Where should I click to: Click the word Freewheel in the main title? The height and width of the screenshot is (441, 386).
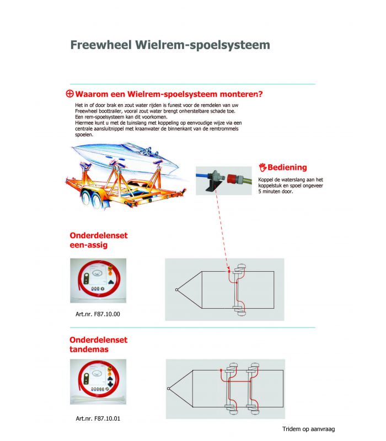point(101,45)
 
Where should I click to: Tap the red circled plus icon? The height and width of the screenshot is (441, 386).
point(69,94)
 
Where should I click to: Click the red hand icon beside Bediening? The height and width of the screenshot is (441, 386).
point(262,168)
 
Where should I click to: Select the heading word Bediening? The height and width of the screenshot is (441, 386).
point(287,168)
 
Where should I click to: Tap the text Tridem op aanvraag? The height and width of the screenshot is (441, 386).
point(309,429)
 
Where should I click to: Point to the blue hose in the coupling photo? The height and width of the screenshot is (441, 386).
point(203,176)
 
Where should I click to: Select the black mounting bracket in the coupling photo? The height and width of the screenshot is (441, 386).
point(213,186)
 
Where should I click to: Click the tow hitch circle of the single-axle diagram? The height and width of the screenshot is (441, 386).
point(176,290)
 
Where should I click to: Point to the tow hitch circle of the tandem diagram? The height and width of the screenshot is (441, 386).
point(169,389)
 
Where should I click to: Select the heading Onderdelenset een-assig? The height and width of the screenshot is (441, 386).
point(99,240)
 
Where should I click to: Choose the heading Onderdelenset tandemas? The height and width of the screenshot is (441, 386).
point(99,345)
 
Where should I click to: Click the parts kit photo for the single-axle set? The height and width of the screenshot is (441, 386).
point(98,281)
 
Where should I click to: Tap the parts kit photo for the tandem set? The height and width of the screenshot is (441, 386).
point(98,382)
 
